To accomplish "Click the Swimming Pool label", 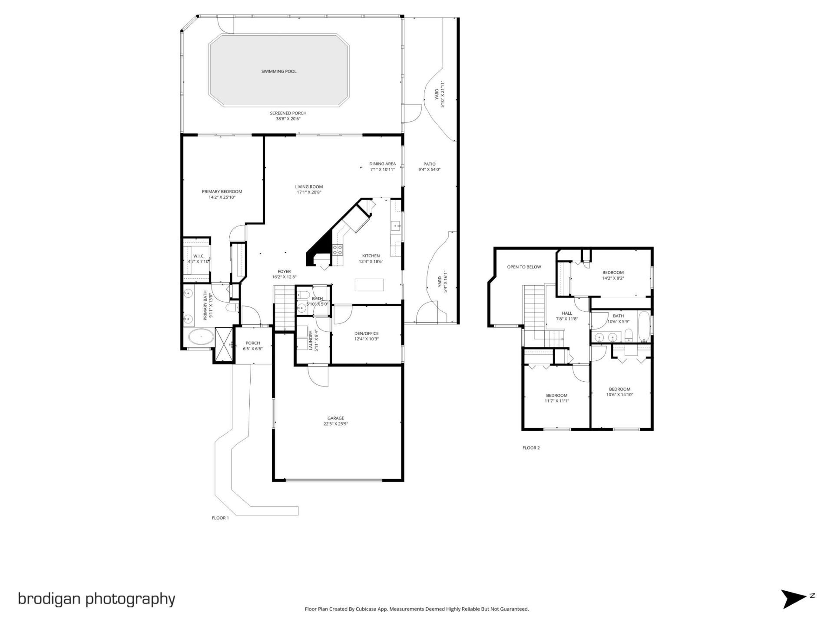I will tap(278, 71).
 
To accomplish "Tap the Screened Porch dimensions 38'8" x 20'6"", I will tap(288, 119).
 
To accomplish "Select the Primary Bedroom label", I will tap(222, 192).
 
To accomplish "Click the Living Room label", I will tap(309, 187).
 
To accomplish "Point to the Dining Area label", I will tap(382, 164).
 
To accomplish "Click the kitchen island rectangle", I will tap(369, 285).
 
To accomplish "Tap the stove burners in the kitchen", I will tap(338, 250).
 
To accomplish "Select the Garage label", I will tap(335, 418).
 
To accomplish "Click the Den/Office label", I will tap(366, 333).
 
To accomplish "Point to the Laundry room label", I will tap(311, 340).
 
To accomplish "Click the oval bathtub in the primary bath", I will tap(201, 337).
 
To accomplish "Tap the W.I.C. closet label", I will tap(199, 256).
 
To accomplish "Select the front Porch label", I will tap(252, 343).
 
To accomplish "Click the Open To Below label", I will tap(524, 267).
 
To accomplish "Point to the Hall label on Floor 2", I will tap(567, 313).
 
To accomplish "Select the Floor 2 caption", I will tap(531, 448).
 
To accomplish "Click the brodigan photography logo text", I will tap(96, 599).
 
